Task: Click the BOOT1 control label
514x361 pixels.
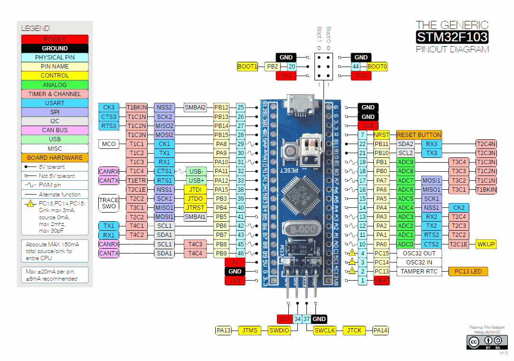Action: [x=247, y=67]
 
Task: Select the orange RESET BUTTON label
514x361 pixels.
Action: [x=419, y=135]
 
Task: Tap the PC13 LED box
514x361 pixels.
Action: [x=467, y=272]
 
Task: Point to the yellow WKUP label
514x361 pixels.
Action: [x=486, y=244]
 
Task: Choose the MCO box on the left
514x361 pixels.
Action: [x=109, y=144]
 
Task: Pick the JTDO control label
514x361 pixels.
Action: [x=195, y=198]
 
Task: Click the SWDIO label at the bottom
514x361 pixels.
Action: [x=279, y=330]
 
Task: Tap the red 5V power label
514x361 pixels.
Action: [x=235, y=263]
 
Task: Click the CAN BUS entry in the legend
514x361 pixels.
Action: [x=55, y=130]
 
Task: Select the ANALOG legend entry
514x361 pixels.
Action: [x=55, y=85]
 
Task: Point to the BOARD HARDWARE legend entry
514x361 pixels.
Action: [x=55, y=157]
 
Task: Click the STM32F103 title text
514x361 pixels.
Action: [x=452, y=37]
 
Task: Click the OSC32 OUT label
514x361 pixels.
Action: [x=419, y=254]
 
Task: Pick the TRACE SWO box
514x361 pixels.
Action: [x=109, y=203]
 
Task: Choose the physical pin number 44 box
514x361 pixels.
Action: [x=355, y=67]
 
